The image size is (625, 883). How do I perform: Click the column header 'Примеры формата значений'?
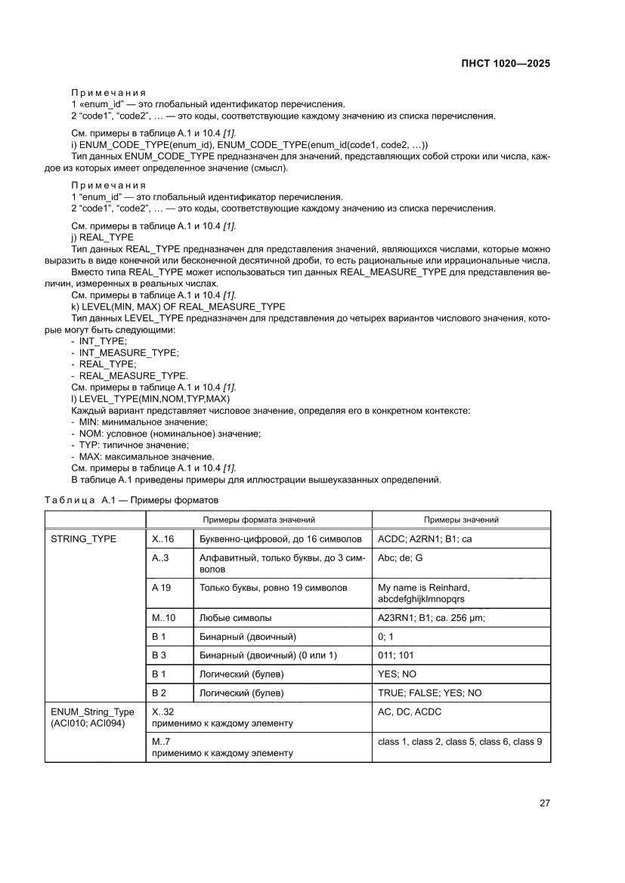tap(258, 520)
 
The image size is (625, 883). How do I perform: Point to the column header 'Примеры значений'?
tap(461, 520)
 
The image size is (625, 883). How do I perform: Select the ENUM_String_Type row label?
tap(91, 717)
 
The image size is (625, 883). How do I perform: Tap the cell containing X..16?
tap(162, 539)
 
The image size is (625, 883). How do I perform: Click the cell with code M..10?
tap(163, 618)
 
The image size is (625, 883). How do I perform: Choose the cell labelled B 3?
tap(159, 655)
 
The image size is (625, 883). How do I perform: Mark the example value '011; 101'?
tap(395, 655)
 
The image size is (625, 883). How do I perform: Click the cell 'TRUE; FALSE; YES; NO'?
tap(429, 692)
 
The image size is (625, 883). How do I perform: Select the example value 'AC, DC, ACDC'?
tap(409, 712)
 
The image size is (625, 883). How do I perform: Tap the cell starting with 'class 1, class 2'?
tap(459, 742)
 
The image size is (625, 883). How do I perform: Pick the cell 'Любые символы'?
tap(235, 618)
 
